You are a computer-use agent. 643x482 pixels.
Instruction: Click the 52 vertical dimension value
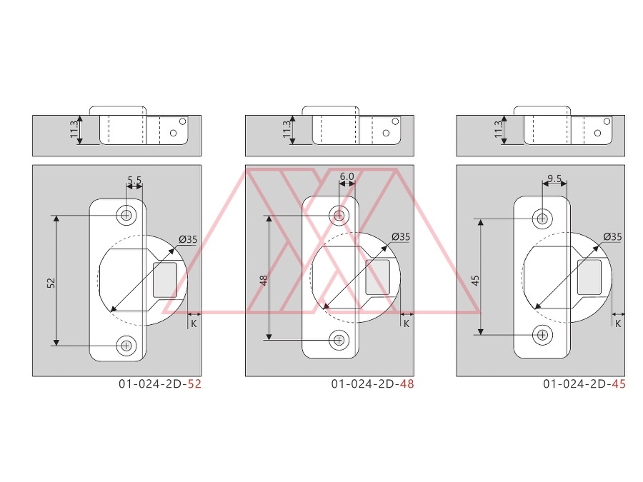(x=51, y=282)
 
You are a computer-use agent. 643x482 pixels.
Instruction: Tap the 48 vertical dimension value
(x=264, y=281)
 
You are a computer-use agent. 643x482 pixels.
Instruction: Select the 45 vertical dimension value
(x=475, y=281)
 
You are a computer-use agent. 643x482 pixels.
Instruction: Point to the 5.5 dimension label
(x=134, y=180)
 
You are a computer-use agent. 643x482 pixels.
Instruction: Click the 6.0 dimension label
(x=347, y=176)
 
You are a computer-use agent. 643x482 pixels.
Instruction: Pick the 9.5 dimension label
(x=554, y=179)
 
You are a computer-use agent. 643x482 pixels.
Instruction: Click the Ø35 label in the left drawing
(x=188, y=239)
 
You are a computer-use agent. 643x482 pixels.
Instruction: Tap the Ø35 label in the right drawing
(x=613, y=236)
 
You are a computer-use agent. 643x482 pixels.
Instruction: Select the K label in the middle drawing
(x=407, y=323)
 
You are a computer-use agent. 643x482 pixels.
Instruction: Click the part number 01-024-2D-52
(x=160, y=384)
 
